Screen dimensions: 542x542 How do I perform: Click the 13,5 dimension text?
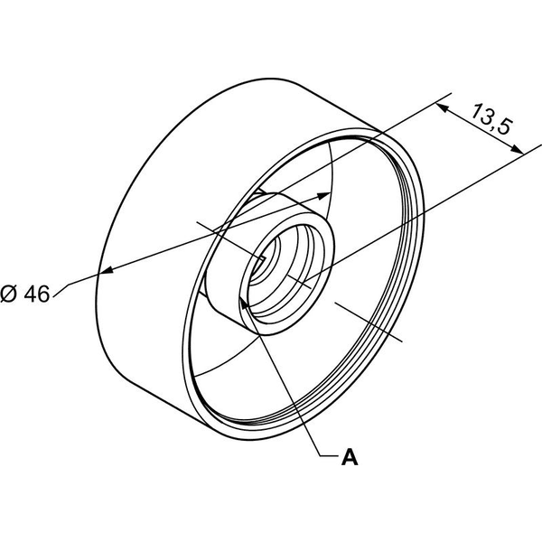491,119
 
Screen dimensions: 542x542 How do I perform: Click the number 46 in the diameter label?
37,294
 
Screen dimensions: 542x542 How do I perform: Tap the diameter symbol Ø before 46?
8,294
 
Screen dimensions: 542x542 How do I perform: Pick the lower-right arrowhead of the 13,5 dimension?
517,149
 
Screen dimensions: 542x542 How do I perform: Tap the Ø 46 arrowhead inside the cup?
323,196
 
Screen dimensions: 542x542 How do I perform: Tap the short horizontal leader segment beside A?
328,456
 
